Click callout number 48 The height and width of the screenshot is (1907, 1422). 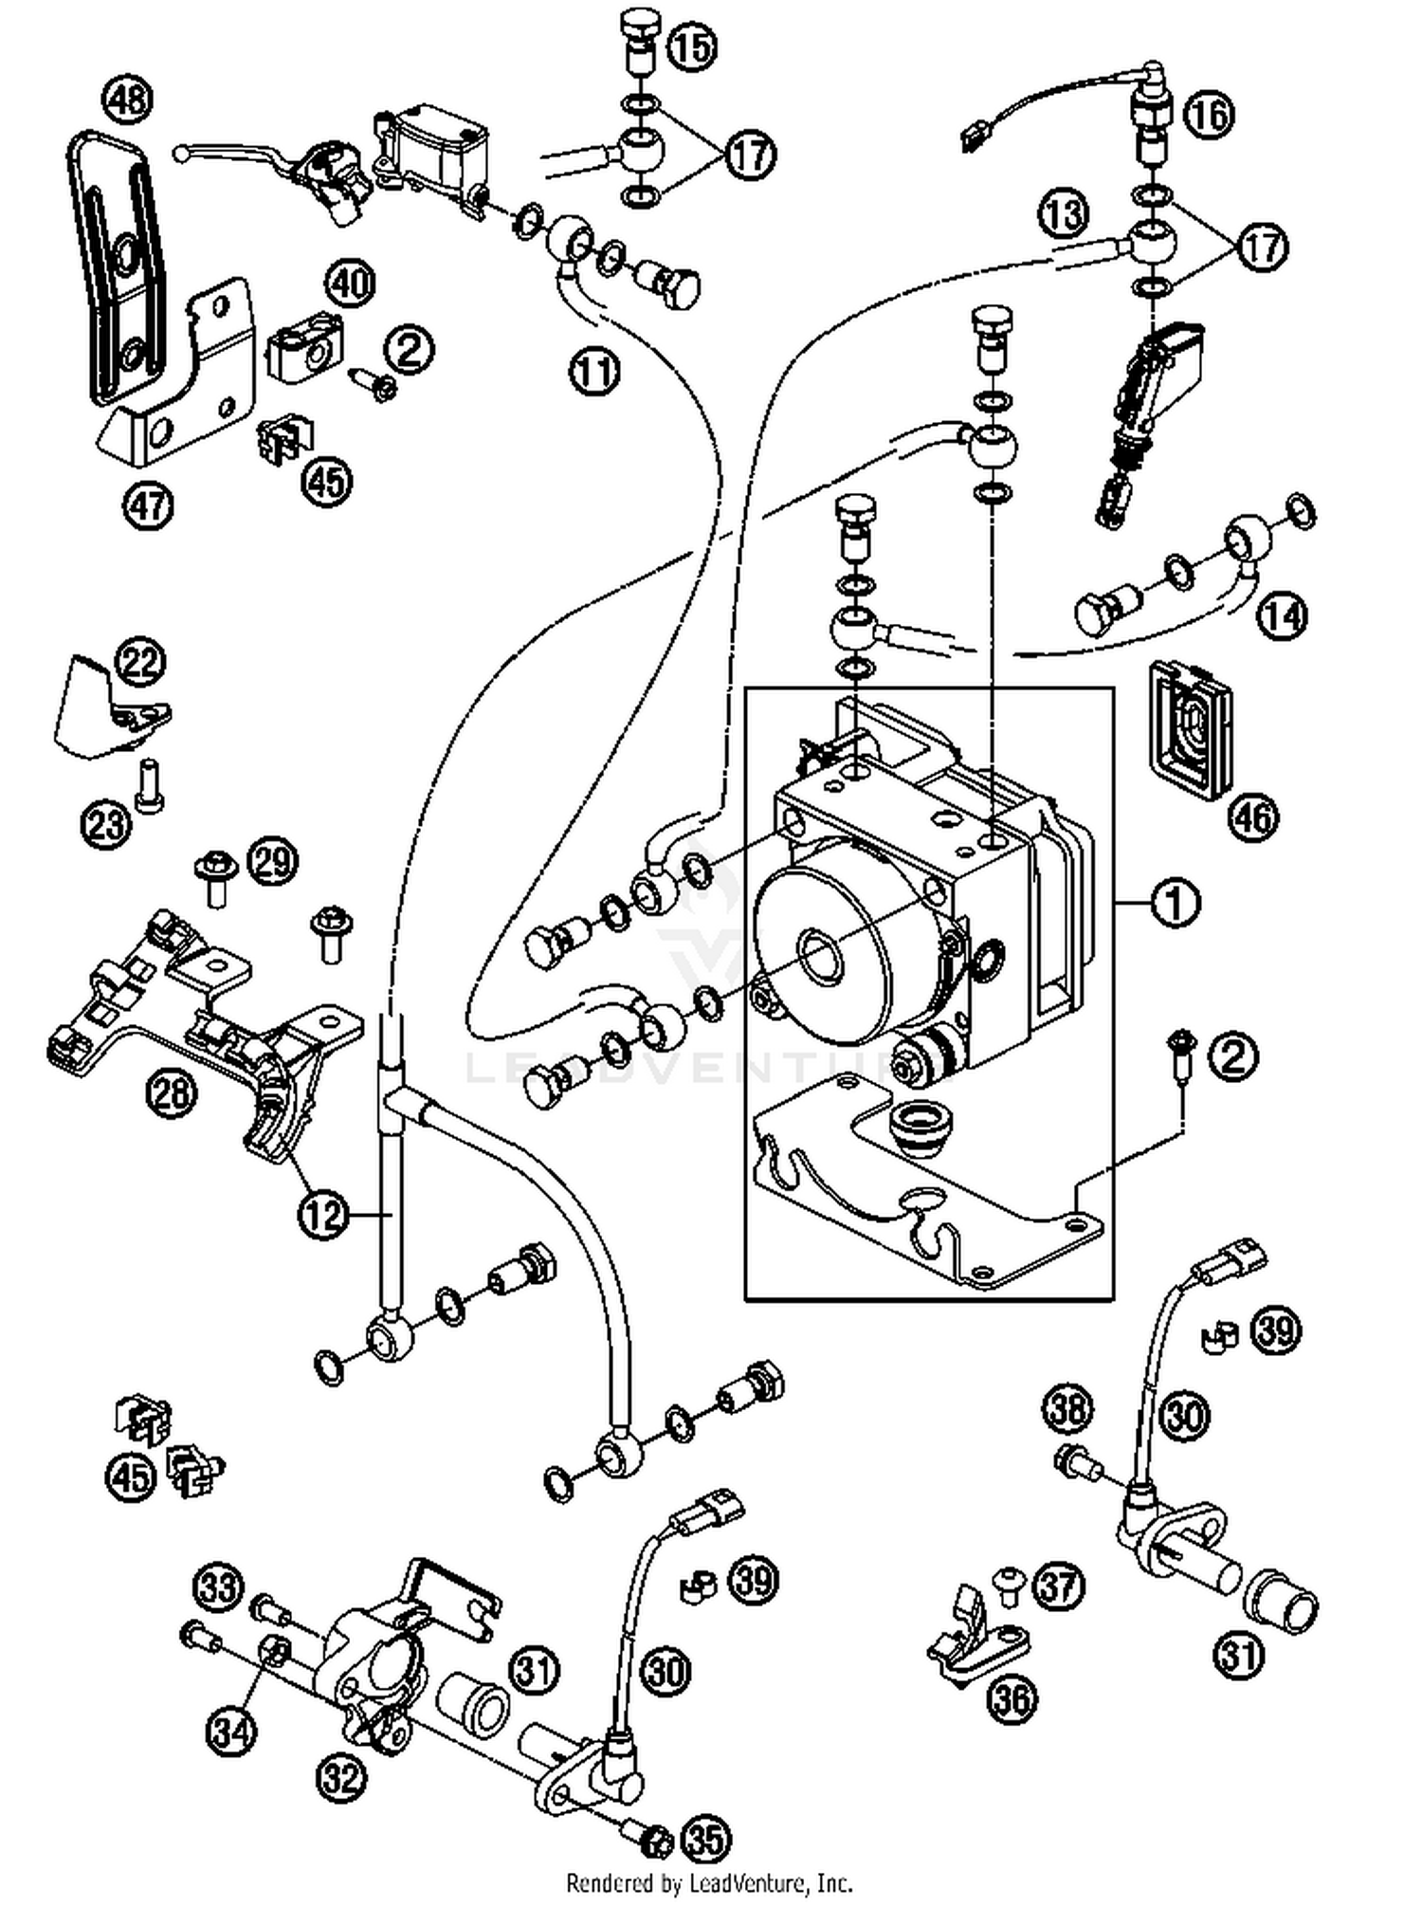128,100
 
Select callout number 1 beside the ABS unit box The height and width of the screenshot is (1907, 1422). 1175,903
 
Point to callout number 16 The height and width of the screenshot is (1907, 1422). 1210,115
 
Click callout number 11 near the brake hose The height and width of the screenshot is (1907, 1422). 594,372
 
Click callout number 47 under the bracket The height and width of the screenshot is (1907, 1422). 148,504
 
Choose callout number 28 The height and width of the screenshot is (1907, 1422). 171,1093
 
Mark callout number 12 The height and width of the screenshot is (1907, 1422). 322,1213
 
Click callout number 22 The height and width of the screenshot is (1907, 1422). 140,662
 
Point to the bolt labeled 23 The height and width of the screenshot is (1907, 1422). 150,785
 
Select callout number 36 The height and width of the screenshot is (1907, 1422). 1012,1698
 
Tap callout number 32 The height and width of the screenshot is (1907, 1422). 340,1776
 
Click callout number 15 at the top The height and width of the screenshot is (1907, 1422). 693,47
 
